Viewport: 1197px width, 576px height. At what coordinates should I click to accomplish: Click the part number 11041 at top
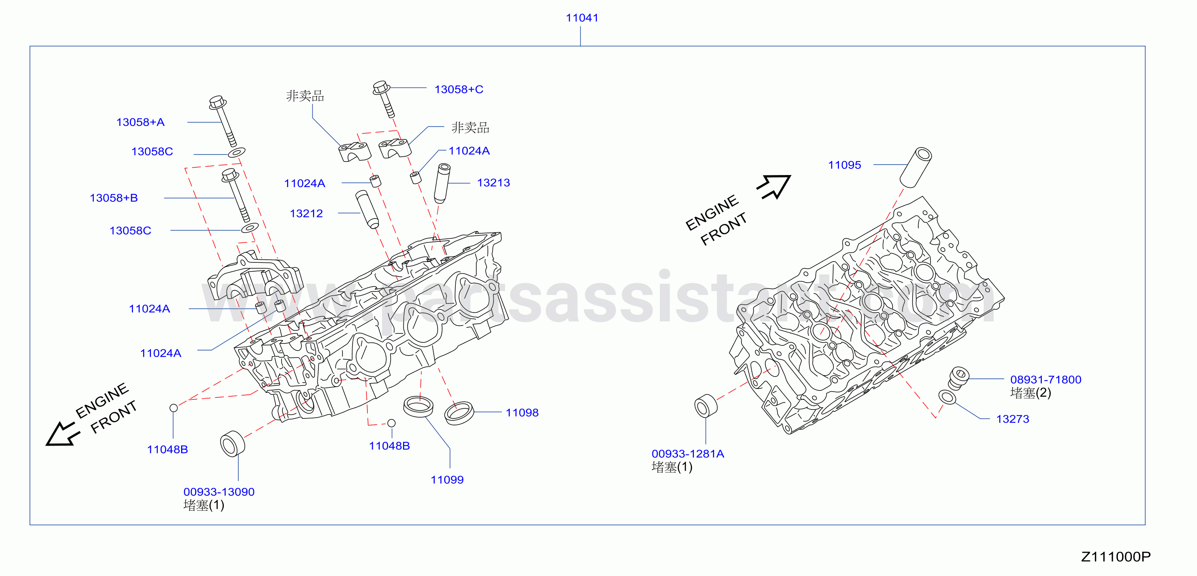[x=582, y=18]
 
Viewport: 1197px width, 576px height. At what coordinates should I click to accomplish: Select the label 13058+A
[x=140, y=122]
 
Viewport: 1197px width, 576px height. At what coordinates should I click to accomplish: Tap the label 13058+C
[x=458, y=89]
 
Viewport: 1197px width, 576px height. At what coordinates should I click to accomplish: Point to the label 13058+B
[x=114, y=198]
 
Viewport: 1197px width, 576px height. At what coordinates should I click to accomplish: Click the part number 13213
[x=493, y=183]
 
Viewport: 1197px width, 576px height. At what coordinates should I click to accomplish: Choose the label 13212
[x=306, y=213]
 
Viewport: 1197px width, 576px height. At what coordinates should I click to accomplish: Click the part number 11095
[x=844, y=165]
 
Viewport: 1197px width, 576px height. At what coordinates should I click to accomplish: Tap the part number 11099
[x=447, y=480]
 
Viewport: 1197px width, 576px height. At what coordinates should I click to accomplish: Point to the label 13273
[x=1012, y=419]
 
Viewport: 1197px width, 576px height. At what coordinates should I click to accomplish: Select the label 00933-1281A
[x=688, y=454]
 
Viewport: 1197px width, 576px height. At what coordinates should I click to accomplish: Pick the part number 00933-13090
[x=219, y=492]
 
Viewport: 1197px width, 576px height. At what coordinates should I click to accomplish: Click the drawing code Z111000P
[x=1116, y=557]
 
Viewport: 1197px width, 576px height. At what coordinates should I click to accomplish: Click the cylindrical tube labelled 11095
[x=916, y=167]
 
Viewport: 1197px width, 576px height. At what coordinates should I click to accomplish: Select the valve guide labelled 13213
[x=442, y=183]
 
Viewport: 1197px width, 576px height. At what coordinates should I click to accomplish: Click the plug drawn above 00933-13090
[x=232, y=444]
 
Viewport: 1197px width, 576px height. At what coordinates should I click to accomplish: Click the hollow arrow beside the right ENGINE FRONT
[x=774, y=186]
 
